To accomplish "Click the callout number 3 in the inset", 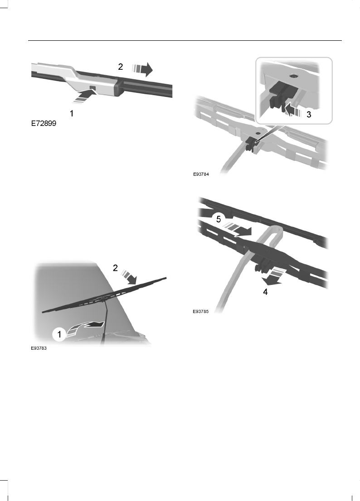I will (309, 115).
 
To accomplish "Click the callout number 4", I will (265, 292).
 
